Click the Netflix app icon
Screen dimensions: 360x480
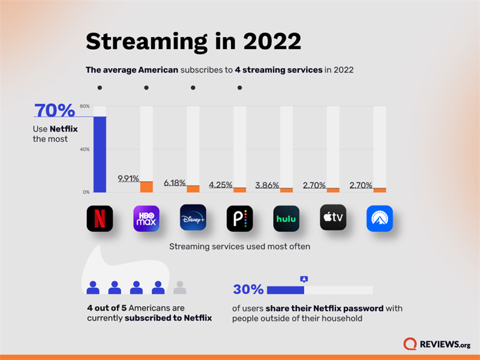[100, 218]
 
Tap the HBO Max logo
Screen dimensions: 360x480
[146, 218]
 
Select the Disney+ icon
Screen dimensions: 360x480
[193, 218]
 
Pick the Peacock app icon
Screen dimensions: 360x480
[239, 218]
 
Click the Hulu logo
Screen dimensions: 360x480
[286, 218]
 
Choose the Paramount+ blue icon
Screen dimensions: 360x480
[380, 218]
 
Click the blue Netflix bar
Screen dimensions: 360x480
[100, 154]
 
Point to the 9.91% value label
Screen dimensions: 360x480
[128, 178]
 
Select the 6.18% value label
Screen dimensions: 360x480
[175, 182]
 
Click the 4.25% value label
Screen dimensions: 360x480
[221, 185]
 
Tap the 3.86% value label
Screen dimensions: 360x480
[268, 185]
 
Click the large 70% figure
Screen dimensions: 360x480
[55, 111]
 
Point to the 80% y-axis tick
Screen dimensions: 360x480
[85, 106]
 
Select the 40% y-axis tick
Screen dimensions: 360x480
[85, 149]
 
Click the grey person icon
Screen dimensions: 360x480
[179, 287]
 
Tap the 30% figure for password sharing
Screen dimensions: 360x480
[248, 290]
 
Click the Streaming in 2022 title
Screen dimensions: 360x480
[193, 42]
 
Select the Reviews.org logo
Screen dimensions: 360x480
[437, 344]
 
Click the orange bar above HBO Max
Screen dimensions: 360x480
[146, 187]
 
